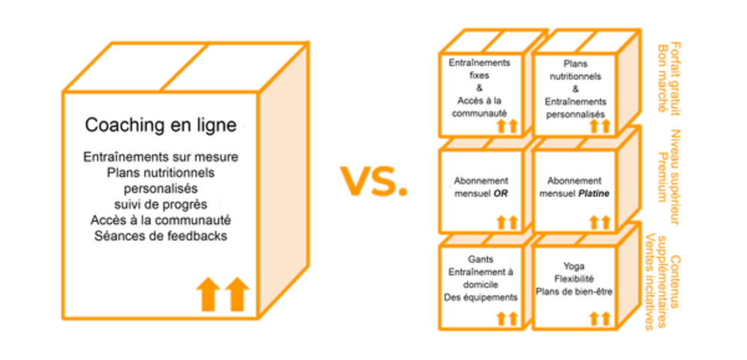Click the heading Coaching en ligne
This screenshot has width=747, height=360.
click(161, 125)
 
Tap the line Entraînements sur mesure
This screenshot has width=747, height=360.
click(161, 157)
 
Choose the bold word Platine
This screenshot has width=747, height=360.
click(595, 193)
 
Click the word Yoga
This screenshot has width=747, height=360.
click(574, 266)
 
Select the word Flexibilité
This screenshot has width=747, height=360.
click(574, 279)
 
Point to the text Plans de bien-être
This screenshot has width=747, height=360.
click(574, 291)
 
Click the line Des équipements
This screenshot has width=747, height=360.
click(480, 297)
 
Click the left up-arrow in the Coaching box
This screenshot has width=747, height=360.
click(209, 294)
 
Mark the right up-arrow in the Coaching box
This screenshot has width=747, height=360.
click(236, 294)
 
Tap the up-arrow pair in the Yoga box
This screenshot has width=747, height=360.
click(599, 319)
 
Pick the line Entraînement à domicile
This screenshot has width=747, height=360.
click(480, 278)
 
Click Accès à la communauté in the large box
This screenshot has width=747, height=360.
click(161, 220)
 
